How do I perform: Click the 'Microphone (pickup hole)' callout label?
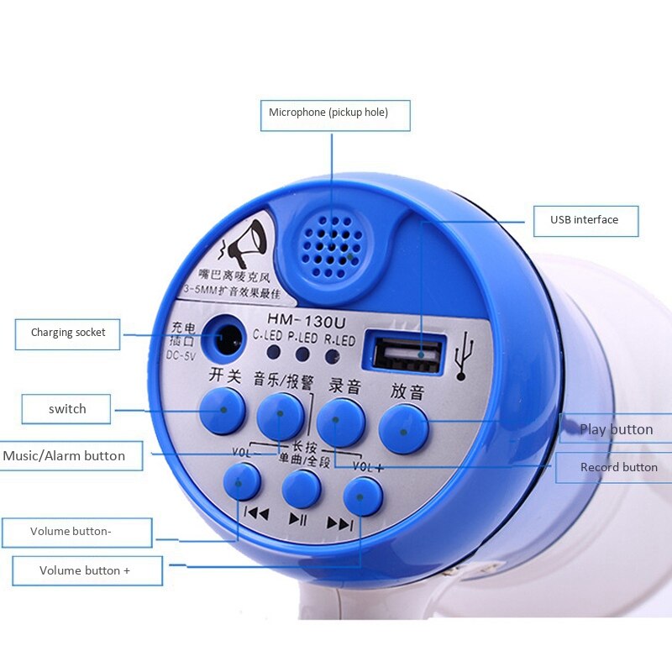pos(335,113)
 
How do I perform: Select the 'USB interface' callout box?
pos(585,220)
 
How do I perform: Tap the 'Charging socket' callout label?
pos(68,333)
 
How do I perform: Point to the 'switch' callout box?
pos(67,409)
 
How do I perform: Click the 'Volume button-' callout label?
pos(77,532)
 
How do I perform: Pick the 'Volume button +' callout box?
pos(87,570)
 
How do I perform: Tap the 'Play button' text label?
pos(616,429)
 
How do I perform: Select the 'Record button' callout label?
pos(619,467)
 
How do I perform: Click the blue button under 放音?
pos(403,428)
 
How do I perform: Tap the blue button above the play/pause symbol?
pos(302,488)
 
